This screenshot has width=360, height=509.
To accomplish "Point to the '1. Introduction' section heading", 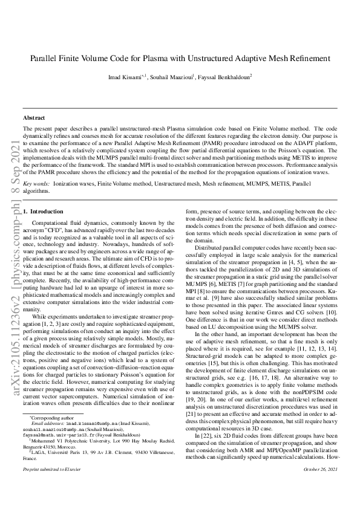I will pos(43,212).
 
